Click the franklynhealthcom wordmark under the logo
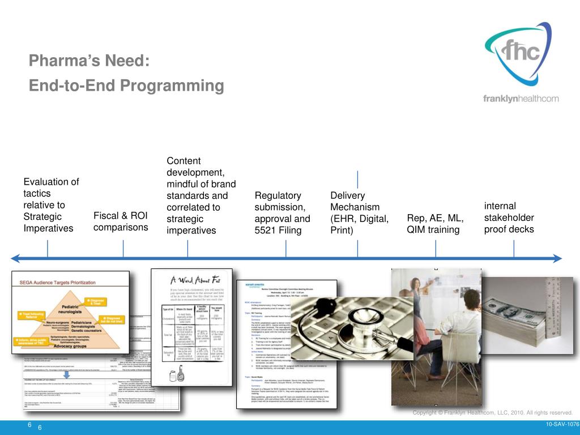[x=521, y=99]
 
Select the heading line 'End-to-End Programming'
[x=126, y=86]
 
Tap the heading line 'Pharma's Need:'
[x=89, y=61]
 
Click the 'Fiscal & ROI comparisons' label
[x=121, y=221]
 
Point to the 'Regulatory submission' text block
[x=283, y=213]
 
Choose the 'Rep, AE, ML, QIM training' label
[x=436, y=224]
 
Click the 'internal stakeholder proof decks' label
[x=509, y=217]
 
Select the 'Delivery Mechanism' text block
[x=359, y=213]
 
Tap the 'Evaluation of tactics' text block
[x=51, y=205]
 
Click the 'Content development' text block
[x=197, y=196]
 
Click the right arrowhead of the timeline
[x=557, y=259]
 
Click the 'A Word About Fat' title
[x=191, y=280]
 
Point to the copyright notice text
[x=492, y=413]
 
